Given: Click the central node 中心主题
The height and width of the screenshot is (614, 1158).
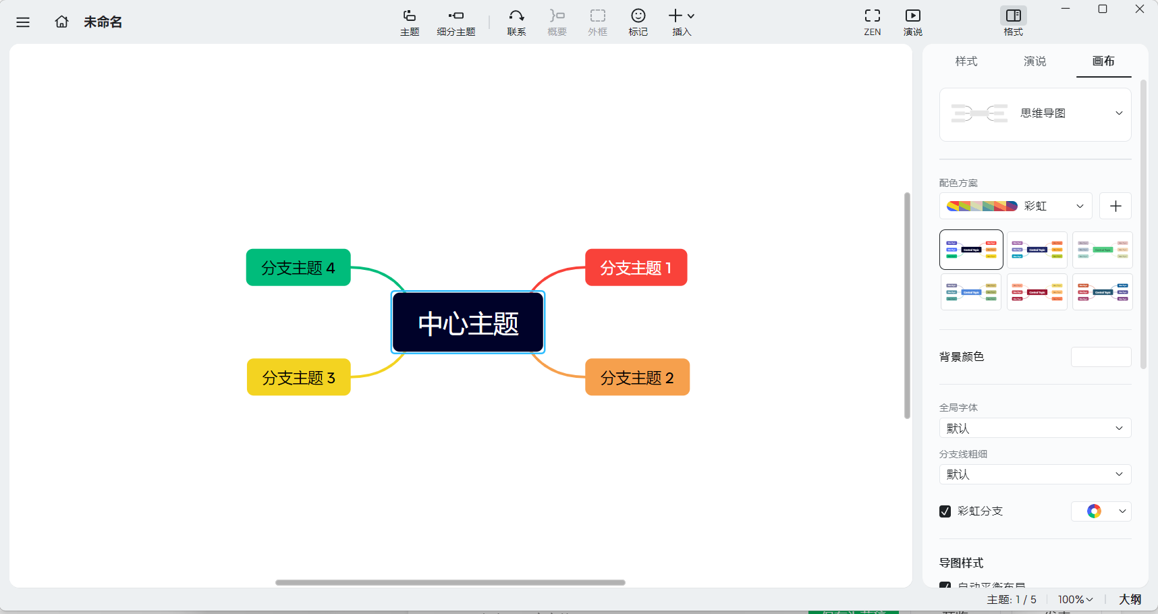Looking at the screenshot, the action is (468, 323).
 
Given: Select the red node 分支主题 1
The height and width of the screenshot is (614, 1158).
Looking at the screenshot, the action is (636, 268).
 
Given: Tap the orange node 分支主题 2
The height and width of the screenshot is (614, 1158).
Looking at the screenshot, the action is (637, 377).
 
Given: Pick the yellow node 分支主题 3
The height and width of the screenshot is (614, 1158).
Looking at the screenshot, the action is (298, 377).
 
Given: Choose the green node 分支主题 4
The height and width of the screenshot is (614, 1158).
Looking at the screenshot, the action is (298, 268).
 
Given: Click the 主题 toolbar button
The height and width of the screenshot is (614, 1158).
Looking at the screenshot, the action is (410, 22).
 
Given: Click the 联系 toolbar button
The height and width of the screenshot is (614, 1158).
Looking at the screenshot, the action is (516, 22).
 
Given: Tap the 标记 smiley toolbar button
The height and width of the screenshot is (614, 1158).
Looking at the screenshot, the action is (638, 22).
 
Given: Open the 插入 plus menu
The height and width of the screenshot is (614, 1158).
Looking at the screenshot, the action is (682, 22).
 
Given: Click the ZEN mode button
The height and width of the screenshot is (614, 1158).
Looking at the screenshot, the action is (872, 22).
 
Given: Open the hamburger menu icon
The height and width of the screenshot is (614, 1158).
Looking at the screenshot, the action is (23, 22).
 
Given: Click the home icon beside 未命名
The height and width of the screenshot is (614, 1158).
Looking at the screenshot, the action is (61, 22).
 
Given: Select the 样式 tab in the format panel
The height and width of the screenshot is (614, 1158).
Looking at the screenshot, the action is (966, 61).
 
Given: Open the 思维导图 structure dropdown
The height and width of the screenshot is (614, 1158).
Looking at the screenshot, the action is (1035, 114).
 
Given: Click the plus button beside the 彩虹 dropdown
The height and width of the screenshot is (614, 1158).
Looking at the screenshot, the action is (1115, 206).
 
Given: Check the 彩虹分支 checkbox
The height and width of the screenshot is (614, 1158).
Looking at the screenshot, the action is (945, 511).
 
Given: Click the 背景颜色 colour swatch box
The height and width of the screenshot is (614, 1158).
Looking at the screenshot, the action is (1101, 357).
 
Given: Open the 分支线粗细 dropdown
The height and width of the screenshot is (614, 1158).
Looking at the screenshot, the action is (1035, 474).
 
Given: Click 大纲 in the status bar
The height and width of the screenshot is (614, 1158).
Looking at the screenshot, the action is (1130, 599).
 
